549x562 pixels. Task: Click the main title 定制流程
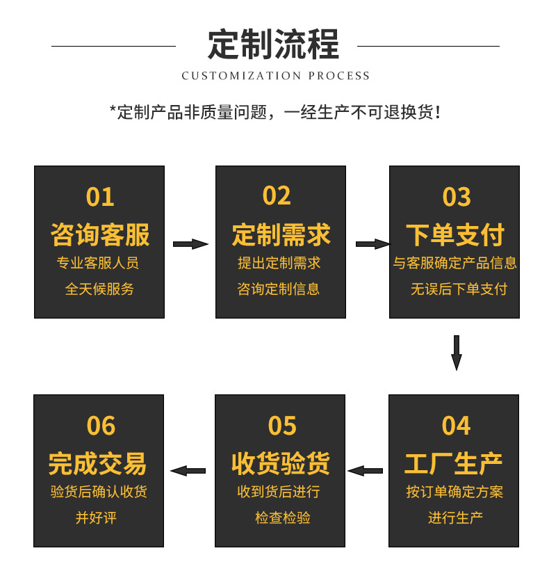[274, 45]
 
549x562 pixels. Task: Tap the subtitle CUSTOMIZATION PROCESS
[275, 76]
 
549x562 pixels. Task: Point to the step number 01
[99, 197]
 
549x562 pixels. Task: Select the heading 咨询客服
[99, 234]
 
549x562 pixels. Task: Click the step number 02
[277, 196]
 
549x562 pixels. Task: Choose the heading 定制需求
[281, 234]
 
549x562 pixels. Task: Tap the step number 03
[456, 197]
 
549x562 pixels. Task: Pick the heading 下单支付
[454, 234]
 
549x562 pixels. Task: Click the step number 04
[456, 426]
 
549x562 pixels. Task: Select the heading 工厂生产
[453, 463]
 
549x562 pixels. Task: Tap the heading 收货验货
[280, 463]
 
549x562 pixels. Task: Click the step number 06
[101, 426]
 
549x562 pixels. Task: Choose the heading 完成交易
[98, 463]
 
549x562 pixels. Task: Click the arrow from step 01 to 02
[190, 244]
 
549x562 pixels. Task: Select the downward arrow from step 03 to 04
[457, 353]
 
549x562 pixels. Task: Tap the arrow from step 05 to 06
[188, 471]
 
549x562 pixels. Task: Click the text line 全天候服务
[99, 289]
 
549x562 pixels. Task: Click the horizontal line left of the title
[114, 46]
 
